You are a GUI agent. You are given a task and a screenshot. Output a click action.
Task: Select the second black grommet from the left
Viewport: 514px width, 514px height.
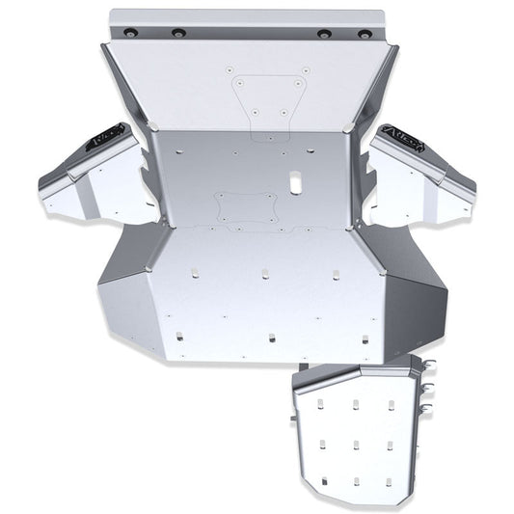178,33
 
